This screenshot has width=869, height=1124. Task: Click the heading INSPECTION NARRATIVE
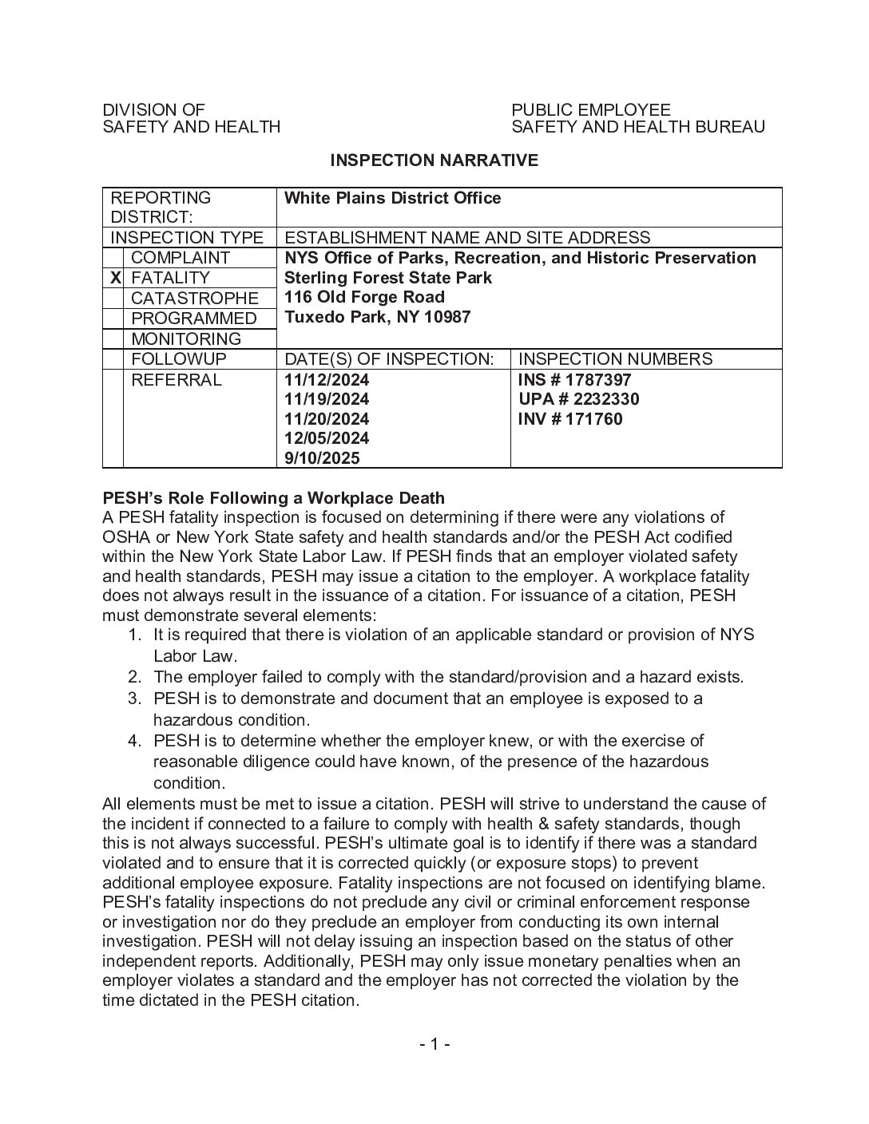[x=434, y=160]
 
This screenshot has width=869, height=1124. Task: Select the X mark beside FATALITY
[x=115, y=278]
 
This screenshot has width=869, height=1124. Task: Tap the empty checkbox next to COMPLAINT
[x=113, y=258]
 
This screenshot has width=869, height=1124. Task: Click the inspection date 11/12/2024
[x=327, y=380]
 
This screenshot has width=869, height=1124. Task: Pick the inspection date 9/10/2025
[x=322, y=458]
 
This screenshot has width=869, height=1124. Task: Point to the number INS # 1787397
[x=574, y=380]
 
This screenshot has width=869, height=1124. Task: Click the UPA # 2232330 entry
[x=578, y=399]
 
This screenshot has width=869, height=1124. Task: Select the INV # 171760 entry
[x=570, y=419]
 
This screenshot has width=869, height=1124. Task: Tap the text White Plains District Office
[x=392, y=198]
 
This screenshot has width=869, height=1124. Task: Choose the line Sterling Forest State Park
[x=388, y=278]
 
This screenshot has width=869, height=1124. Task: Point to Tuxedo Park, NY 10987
[x=377, y=317]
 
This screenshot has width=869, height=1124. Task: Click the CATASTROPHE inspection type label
[x=194, y=299]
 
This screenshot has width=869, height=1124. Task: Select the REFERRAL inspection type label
[x=176, y=380]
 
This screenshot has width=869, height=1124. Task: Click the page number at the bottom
[x=434, y=1044]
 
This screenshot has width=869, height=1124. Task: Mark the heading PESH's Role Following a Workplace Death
[x=273, y=498]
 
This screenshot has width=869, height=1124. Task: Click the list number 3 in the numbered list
[x=134, y=699]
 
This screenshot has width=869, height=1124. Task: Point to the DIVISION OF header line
[x=153, y=110]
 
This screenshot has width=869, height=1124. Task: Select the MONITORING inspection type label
[x=185, y=339]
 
